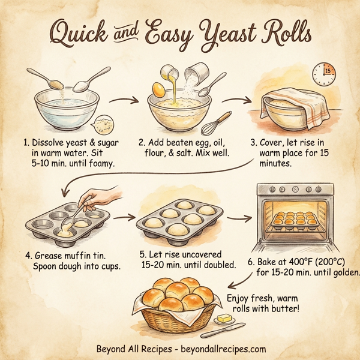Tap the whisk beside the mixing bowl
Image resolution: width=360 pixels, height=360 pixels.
tap(220, 122)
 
